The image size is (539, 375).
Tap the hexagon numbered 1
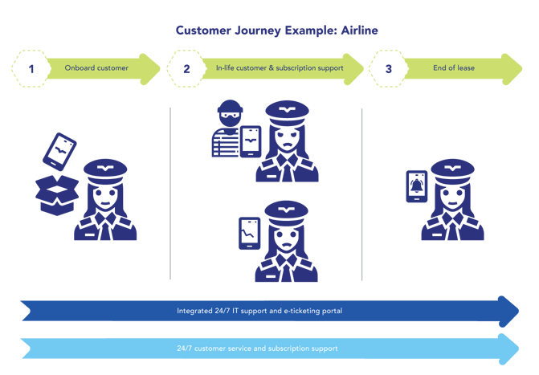point(31,68)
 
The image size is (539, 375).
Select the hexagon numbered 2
point(186,68)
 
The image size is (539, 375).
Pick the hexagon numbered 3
point(389,68)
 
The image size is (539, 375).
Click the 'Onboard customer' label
point(96,68)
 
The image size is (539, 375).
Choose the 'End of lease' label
point(455,68)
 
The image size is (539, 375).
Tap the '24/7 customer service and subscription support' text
point(257,349)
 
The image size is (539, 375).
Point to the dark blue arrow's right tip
point(519,310)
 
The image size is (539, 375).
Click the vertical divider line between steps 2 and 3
point(361,193)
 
